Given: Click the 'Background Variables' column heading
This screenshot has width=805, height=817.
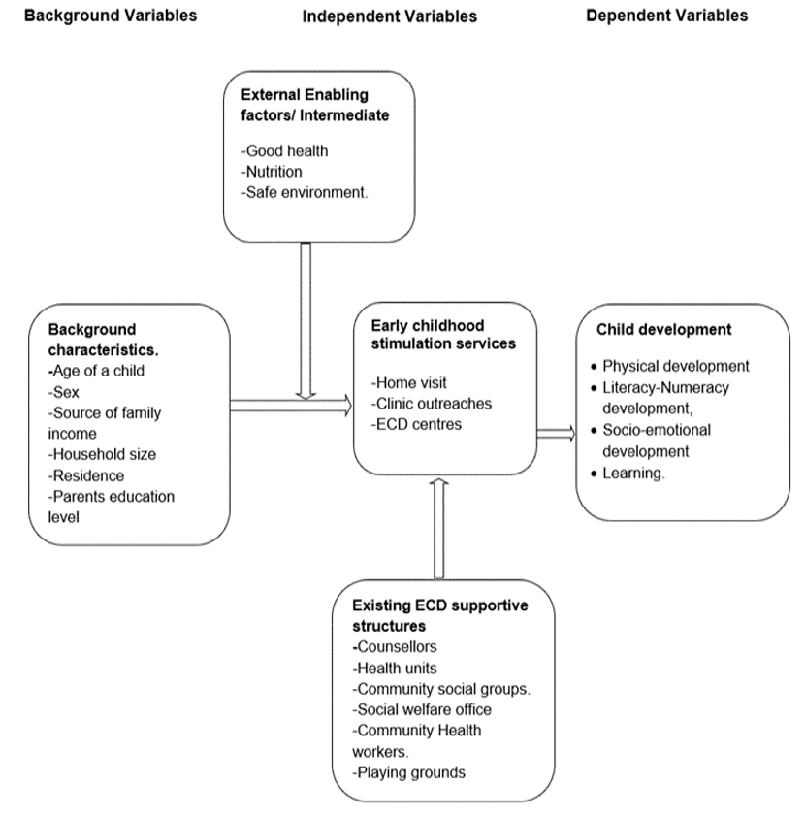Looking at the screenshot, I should [110, 16].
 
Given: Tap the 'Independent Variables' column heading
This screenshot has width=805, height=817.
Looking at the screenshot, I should [389, 16].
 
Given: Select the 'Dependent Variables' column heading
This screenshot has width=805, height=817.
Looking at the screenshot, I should [667, 16].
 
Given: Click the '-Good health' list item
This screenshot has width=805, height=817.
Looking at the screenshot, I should [286, 150].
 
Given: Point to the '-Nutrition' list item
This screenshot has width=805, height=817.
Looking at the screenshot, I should [274, 172].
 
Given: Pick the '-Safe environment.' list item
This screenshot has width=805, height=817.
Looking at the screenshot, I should [306, 192].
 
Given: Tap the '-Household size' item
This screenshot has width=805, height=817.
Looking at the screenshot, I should [101, 454].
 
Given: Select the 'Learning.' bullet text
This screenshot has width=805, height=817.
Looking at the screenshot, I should [634, 473].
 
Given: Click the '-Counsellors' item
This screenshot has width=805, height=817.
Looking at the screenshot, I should [396, 646].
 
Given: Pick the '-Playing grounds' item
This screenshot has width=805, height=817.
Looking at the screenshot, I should [409, 772].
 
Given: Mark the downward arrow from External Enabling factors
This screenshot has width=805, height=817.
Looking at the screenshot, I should [306, 320].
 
